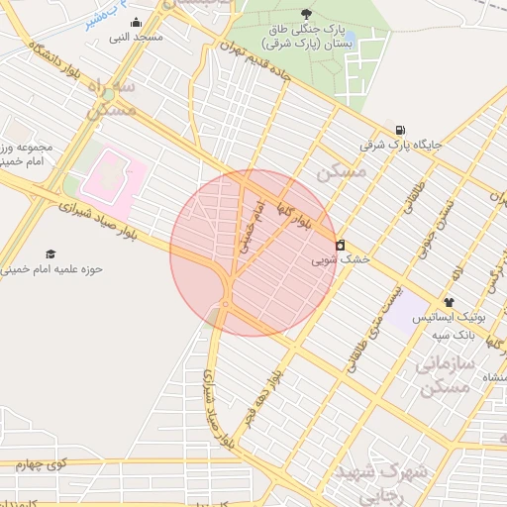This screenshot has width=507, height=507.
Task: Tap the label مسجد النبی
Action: (x=136, y=38)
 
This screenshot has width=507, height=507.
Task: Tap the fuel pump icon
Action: (x=399, y=130)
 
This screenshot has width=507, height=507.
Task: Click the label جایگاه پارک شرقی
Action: (x=399, y=145)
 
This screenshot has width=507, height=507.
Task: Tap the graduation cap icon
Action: (x=51, y=254)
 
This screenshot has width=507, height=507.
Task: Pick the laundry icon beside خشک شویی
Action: (x=341, y=245)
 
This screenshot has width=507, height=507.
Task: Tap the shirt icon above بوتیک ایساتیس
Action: (x=449, y=302)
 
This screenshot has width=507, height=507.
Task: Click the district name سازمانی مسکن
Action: (x=437, y=377)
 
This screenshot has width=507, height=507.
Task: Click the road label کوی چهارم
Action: (x=45, y=462)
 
